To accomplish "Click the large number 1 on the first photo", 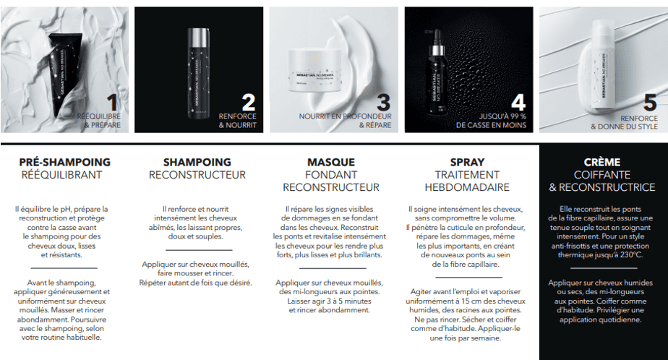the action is pyautogui.click(x=113, y=103).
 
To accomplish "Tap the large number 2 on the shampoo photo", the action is pyautogui.click(x=249, y=103).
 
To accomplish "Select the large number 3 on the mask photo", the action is pyautogui.click(x=383, y=103).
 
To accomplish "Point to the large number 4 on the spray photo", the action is pyautogui.click(x=518, y=103).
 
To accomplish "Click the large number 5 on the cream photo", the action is pyautogui.click(x=650, y=103).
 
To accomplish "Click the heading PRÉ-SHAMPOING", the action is pyautogui.click(x=65, y=163).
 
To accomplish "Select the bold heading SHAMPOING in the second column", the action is pyautogui.click(x=197, y=163).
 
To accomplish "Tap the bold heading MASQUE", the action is pyautogui.click(x=331, y=163).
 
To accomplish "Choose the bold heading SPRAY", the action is pyautogui.click(x=467, y=163).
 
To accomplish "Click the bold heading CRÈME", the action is pyautogui.click(x=602, y=163).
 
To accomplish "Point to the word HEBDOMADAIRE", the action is pyautogui.click(x=467, y=187).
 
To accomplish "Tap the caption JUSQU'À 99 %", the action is pyautogui.click(x=502, y=116).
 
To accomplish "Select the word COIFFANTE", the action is pyautogui.click(x=602, y=175).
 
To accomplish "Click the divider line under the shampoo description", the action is pyautogui.click(x=199, y=250).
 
